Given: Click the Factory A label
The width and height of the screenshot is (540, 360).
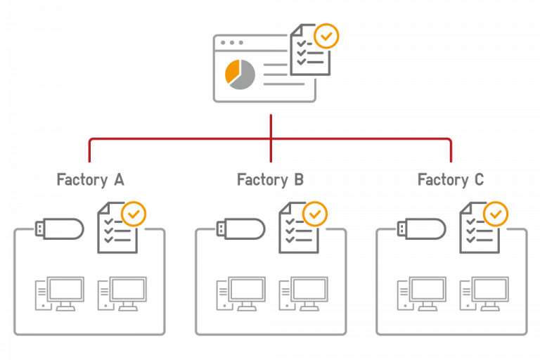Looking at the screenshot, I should [x=90, y=180].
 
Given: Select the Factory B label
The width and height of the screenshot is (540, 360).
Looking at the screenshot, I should [x=271, y=180].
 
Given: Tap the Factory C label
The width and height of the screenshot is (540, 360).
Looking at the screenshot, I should [x=451, y=180].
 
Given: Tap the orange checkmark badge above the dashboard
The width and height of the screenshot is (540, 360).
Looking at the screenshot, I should [x=326, y=35].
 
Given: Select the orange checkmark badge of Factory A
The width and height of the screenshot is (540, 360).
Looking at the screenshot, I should [x=134, y=214].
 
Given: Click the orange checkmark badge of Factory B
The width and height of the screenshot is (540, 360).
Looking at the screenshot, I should [x=315, y=214].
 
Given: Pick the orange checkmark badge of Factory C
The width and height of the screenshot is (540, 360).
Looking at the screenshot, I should [x=496, y=214].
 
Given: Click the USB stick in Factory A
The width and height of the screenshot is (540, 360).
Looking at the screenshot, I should [x=59, y=229].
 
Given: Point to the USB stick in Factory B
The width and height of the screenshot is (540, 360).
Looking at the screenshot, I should [x=240, y=229].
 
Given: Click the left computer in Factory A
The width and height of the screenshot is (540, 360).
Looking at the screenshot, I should [x=60, y=292].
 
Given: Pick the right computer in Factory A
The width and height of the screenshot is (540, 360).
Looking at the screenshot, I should [x=122, y=292].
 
